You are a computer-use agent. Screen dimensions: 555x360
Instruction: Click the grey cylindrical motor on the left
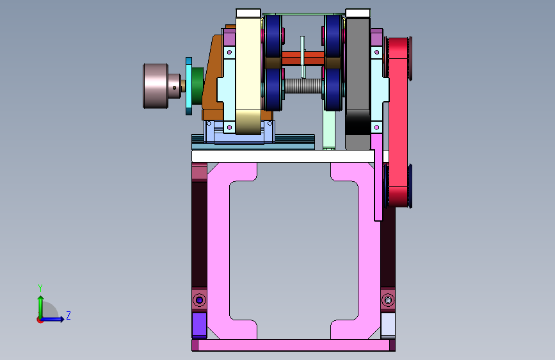tap(156, 86)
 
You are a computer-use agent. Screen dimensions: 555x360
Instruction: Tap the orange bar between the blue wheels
tap(303, 58)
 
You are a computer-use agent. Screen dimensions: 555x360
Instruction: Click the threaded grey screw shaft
tap(303, 86)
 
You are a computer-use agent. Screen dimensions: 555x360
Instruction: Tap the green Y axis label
tap(40, 288)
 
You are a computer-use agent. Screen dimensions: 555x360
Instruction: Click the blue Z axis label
tap(68, 315)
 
